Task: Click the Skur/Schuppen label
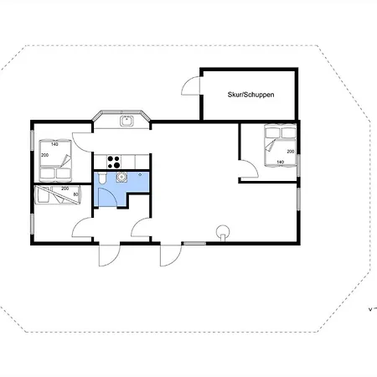(250, 95)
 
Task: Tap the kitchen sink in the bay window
(127, 121)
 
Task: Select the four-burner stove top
(114, 162)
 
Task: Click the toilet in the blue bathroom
(102, 178)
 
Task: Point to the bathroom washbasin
(121, 177)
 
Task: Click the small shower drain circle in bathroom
(140, 174)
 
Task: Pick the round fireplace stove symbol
(223, 232)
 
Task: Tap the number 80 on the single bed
(75, 194)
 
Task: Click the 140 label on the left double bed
(54, 144)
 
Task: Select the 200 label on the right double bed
(291, 152)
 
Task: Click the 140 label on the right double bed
(280, 162)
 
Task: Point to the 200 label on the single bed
(65, 188)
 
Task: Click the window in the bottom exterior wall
(194, 244)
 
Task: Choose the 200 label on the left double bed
(45, 155)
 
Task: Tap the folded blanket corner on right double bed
(270, 146)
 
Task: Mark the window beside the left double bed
(33, 141)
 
